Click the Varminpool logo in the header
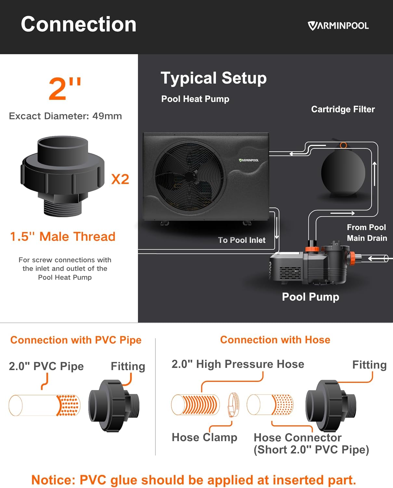[338, 26]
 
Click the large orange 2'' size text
[64, 88]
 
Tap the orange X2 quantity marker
[120, 179]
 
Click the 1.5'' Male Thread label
[63, 237]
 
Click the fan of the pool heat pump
[190, 177]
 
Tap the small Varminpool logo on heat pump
[249, 160]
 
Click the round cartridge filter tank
[343, 172]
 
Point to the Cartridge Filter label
[343, 109]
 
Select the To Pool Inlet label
[242, 240]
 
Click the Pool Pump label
[310, 297]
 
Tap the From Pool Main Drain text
[367, 233]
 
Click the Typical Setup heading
[214, 78]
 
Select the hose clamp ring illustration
[233, 405]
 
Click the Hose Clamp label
[204, 437]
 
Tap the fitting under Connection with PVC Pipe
[114, 405]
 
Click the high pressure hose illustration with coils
[195, 405]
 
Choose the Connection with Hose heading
[275, 340]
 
